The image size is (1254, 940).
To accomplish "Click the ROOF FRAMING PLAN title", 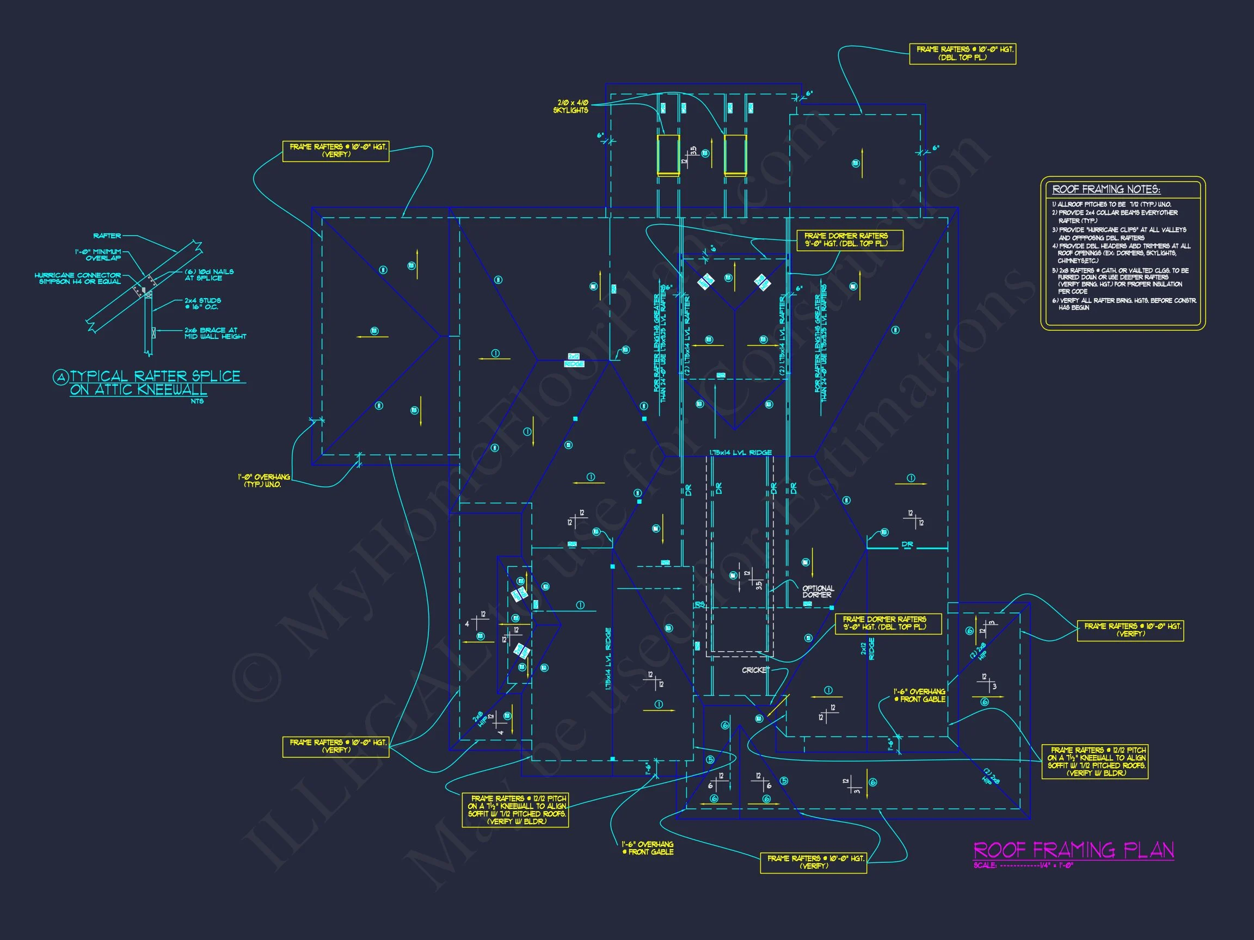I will point(1074,850).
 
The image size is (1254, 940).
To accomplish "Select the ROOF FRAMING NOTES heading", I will point(1106,190).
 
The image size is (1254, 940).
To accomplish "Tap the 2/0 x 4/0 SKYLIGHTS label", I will point(571,107).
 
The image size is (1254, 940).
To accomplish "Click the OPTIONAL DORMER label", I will point(817,591).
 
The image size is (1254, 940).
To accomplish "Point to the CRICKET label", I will point(755,670).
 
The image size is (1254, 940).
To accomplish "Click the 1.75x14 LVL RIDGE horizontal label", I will point(740,452).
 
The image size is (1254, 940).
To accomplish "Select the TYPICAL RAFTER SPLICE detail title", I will point(155,383).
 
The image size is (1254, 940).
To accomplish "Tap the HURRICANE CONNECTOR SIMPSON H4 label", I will point(78,278).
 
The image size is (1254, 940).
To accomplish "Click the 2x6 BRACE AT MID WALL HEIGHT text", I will point(215,333).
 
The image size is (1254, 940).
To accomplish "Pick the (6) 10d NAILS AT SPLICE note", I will point(208,275).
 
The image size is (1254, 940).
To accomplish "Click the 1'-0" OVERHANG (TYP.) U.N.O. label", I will point(263,480).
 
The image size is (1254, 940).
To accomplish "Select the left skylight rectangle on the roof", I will point(668,154).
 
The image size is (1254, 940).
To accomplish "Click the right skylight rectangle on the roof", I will point(735,154).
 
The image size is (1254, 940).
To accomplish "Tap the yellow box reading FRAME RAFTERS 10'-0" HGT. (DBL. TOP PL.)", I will point(962,54).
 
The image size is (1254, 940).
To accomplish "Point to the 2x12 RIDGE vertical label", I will point(868,650).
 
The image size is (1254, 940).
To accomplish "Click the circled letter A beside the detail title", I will point(60,378).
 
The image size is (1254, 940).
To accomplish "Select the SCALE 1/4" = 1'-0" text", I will point(1023,865).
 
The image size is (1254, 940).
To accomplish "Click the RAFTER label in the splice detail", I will point(107,236).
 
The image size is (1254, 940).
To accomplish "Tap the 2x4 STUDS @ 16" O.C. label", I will point(202,304).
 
